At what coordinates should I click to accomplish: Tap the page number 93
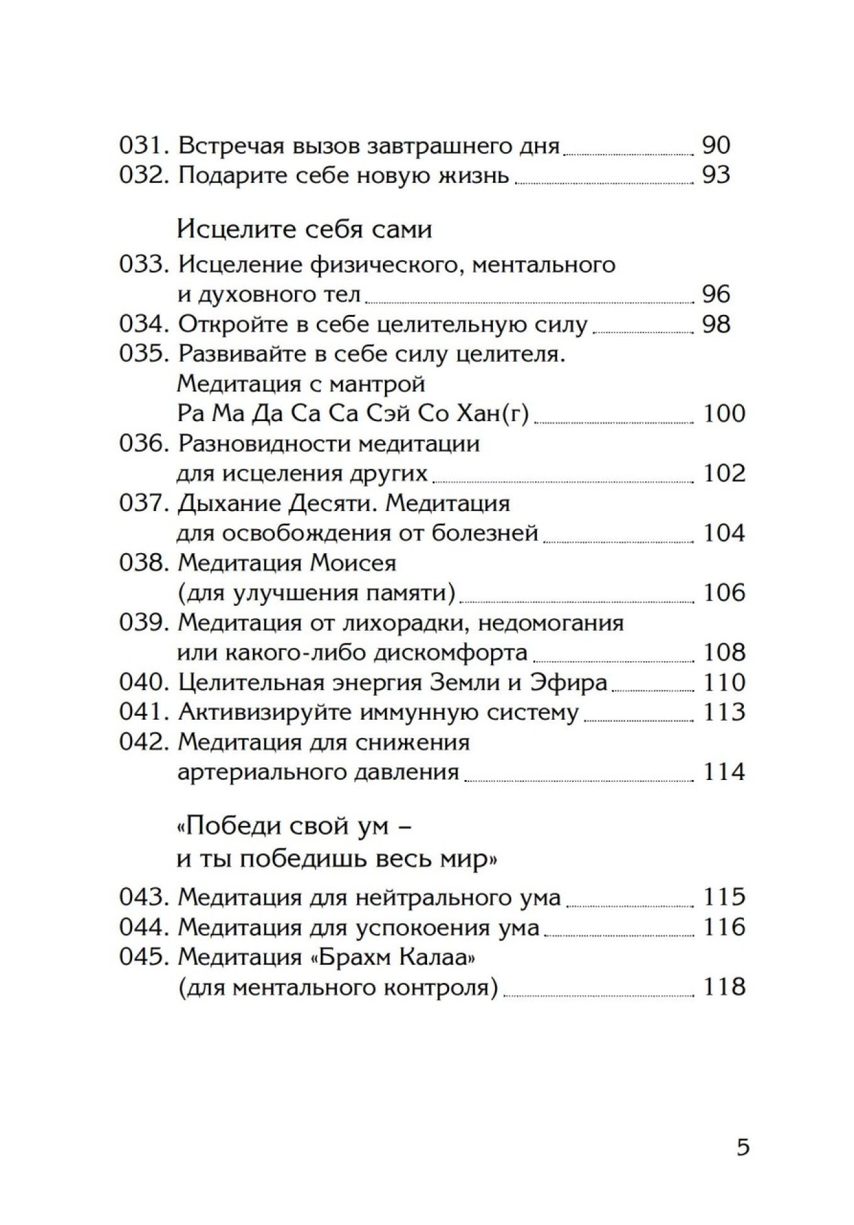point(717,175)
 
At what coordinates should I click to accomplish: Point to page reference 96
point(717,294)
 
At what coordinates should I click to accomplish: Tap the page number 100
point(724,414)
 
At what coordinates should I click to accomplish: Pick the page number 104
point(724,533)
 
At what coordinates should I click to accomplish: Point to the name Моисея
point(353,563)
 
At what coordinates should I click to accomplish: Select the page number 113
point(724,712)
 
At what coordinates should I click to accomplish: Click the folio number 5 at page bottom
point(743,1148)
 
